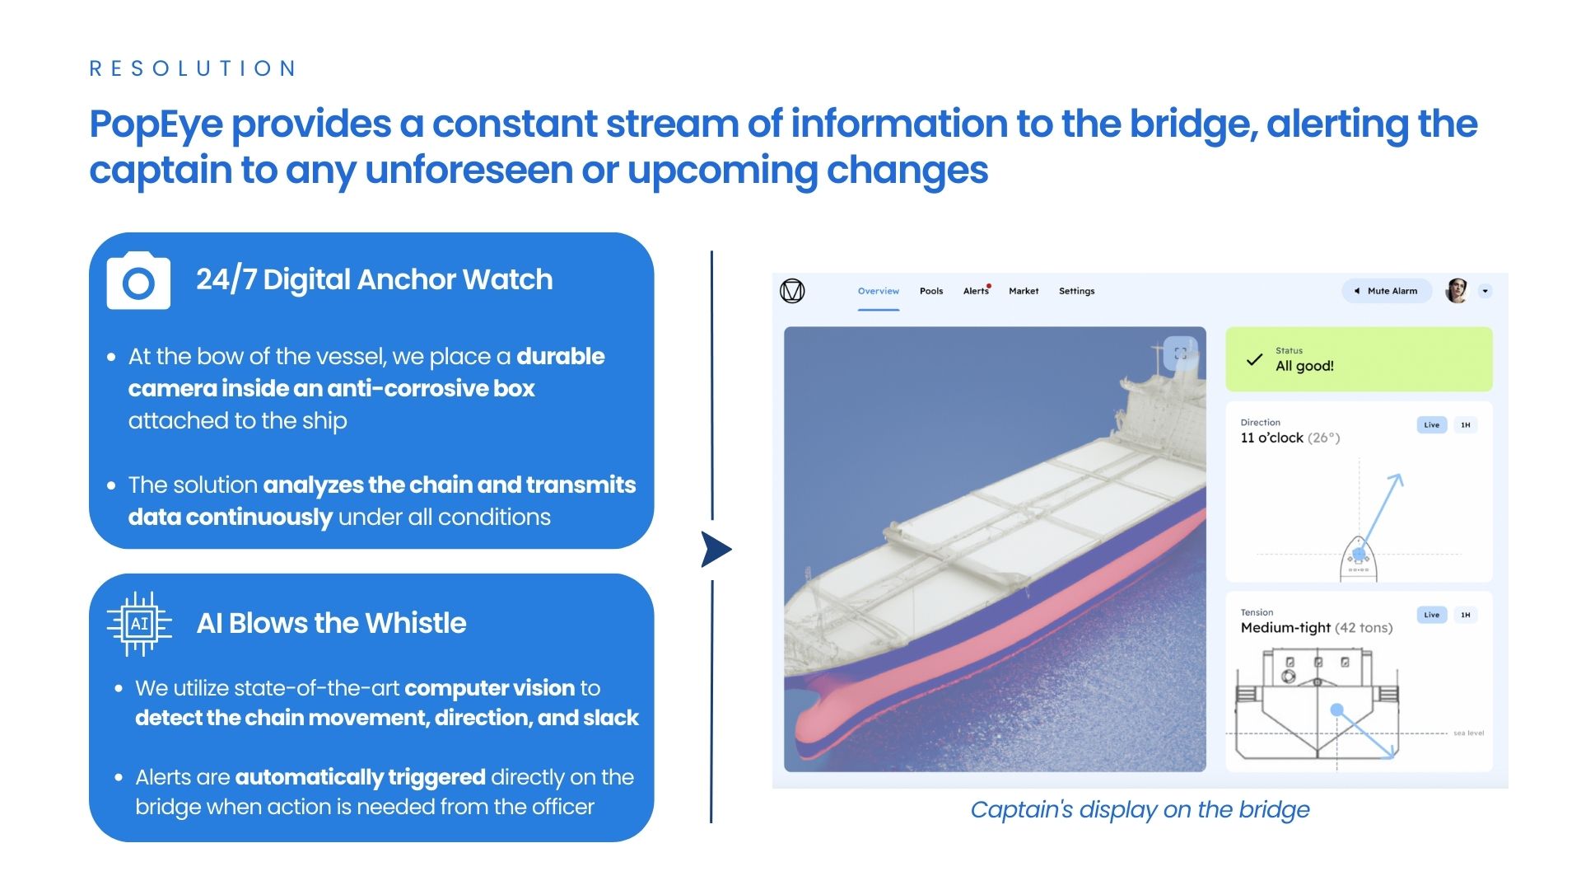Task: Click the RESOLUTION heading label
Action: tap(193, 68)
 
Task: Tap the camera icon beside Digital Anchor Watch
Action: tap(138, 281)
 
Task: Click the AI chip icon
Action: tap(139, 623)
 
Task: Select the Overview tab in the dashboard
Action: tap(879, 291)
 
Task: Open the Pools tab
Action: tap(931, 291)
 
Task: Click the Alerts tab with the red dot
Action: tap(977, 291)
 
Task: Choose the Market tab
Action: tap(1024, 291)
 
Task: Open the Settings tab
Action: tap(1077, 291)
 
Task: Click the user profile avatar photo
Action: tap(1457, 291)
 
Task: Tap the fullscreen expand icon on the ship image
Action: tap(1181, 354)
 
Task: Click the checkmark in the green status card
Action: tap(1254, 359)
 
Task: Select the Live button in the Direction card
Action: tap(1432, 425)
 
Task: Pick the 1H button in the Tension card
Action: tap(1466, 615)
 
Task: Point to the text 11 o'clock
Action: tap(1271, 438)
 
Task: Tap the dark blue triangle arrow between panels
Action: tap(715, 550)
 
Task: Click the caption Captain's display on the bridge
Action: tap(1140, 810)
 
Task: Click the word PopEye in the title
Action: tap(156, 125)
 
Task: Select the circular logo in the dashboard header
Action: tap(792, 291)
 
